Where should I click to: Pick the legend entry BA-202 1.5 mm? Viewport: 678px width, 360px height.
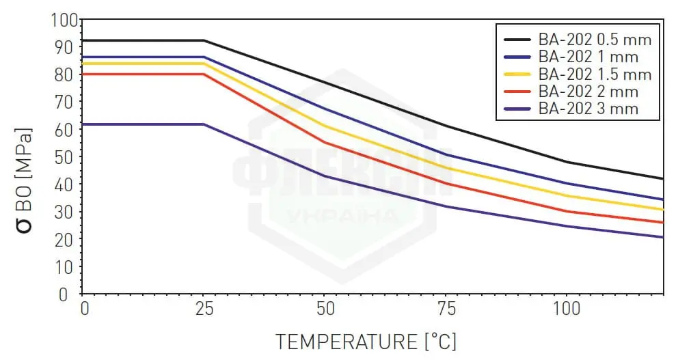coord(594,74)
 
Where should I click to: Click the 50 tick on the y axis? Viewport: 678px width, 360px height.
coord(66,157)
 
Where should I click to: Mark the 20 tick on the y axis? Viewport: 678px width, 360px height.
coord(66,240)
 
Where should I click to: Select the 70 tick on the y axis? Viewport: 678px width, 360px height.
coord(66,102)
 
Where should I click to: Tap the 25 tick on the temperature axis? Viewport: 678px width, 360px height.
coord(203,309)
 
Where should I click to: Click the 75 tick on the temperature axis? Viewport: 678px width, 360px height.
coord(446,309)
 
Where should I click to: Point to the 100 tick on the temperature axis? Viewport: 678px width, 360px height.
coord(566,309)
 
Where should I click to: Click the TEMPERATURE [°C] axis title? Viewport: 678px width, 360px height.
coord(366,340)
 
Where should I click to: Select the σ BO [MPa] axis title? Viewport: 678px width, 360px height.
coord(25,179)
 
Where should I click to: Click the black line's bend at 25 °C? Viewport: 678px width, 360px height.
coord(204,40)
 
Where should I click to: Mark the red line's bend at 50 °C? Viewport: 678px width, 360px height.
coord(325,142)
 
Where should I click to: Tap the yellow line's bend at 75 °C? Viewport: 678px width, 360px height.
coord(446,167)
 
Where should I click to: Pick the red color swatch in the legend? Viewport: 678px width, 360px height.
coord(517,92)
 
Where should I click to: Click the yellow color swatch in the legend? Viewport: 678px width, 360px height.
coord(517,74)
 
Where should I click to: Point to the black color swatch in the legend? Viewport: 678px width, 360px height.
coord(517,39)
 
